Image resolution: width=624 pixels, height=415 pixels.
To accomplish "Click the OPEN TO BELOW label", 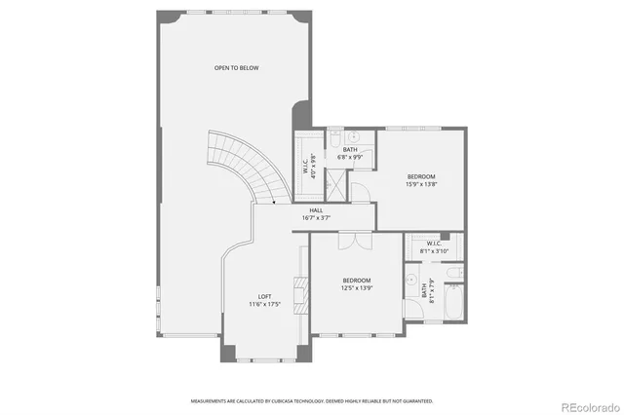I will pyautogui.click(x=237, y=67).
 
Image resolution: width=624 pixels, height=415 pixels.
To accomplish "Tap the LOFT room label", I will pyautogui.click(x=264, y=296).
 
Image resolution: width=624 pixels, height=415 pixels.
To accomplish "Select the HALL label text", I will pyautogui.click(x=316, y=210).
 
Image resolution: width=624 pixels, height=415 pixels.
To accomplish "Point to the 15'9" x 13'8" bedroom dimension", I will pyautogui.click(x=421, y=183).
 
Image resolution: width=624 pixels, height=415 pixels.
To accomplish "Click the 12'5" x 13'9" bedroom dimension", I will pyautogui.click(x=356, y=287).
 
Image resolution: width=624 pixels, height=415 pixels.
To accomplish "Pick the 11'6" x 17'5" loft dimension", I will pyautogui.click(x=264, y=305).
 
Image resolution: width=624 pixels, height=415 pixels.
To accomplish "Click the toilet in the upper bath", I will pyautogui.click(x=333, y=136).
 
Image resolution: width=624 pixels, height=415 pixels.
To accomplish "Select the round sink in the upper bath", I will pyautogui.click(x=358, y=136).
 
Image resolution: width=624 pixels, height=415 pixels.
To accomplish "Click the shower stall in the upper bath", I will pyautogui.click(x=334, y=181).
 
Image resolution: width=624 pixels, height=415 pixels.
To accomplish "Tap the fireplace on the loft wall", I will pyautogui.click(x=302, y=291).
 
